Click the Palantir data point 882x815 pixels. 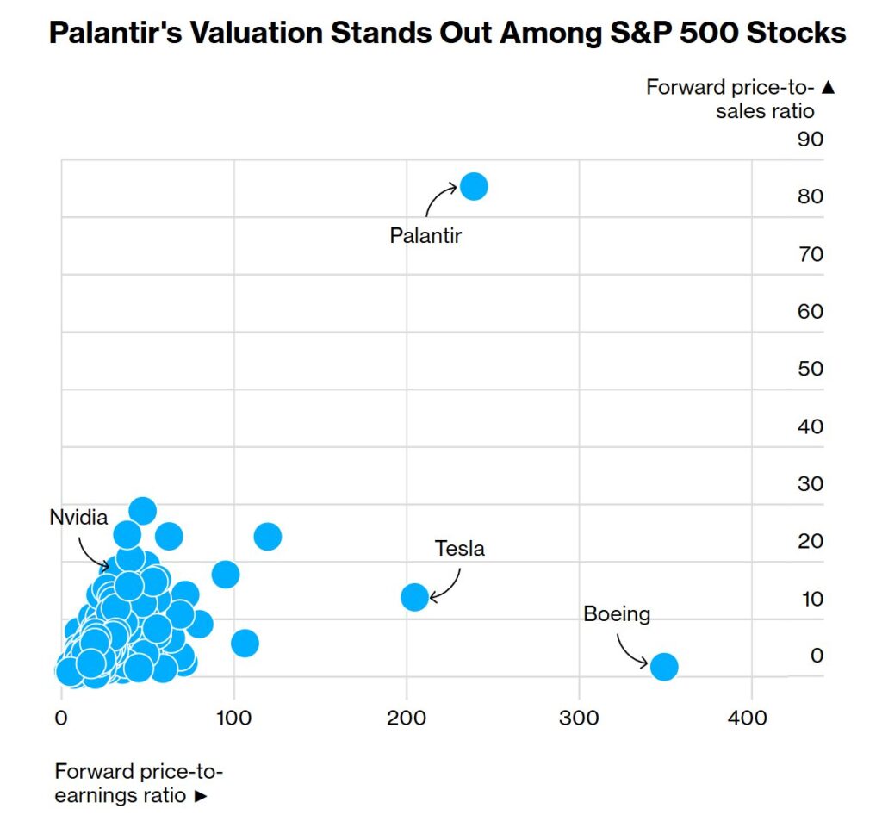pyautogui.click(x=474, y=186)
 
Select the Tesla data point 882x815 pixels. pyautogui.click(x=414, y=596)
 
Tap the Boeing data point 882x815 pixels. pyautogui.click(x=663, y=666)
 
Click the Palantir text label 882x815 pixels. pyautogui.click(x=425, y=235)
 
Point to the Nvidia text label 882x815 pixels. pyautogui.click(x=78, y=517)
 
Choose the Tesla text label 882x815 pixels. pyautogui.click(x=459, y=548)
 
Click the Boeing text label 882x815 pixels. pyautogui.click(x=617, y=614)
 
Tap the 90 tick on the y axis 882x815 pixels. pyautogui.click(x=811, y=139)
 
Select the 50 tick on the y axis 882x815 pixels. pyautogui.click(x=811, y=369)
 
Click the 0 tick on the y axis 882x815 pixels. pyautogui.click(x=817, y=656)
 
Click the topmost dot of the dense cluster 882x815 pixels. pyautogui.click(x=142, y=510)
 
